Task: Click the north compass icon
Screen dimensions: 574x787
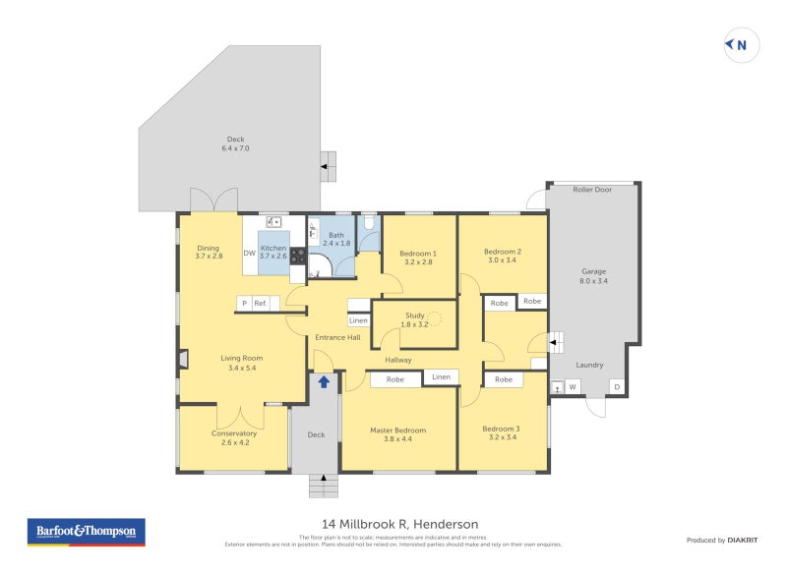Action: pyautogui.click(x=741, y=44)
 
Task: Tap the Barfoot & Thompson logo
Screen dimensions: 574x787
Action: pyautogui.click(x=85, y=532)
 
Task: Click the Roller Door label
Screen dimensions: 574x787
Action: pyautogui.click(x=592, y=189)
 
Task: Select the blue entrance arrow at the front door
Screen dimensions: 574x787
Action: pyautogui.click(x=323, y=381)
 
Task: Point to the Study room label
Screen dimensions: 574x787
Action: pyautogui.click(x=414, y=316)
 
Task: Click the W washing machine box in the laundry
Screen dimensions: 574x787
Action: pyautogui.click(x=572, y=386)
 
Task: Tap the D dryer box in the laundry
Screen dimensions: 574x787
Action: pyautogui.click(x=617, y=386)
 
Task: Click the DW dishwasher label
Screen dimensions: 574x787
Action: pyautogui.click(x=250, y=254)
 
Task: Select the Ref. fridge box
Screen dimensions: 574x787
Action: pyautogui.click(x=261, y=304)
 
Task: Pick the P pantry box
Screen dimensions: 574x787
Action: pyautogui.click(x=243, y=304)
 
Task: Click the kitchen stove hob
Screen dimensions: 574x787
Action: pyautogui.click(x=297, y=255)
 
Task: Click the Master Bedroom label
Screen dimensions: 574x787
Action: pyautogui.click(x=397, y=430)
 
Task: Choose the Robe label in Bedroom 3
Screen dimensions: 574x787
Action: pyautogui.click(x=503, y=379)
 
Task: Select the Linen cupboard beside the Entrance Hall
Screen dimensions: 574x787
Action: pyautogui.click(x=358, y=320)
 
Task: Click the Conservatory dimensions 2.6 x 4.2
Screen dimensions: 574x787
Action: pyautogui.click(x=234, y=443)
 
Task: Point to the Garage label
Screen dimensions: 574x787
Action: pyautogui.click(x=593, y=271)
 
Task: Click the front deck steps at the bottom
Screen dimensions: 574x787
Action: pyautogui.click(x=323, y=485)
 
